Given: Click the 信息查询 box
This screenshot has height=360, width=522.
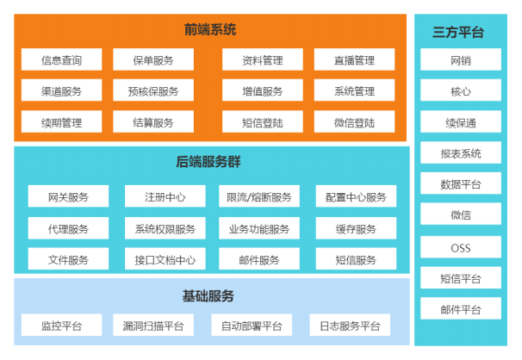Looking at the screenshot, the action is click(61, 59).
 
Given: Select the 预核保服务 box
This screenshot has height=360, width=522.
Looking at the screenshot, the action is click(153, 90).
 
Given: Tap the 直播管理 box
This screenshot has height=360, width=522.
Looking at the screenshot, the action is click(354, 59).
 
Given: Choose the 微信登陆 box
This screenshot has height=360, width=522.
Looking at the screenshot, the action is click(354, 121).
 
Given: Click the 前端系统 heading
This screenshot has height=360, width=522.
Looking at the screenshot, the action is click(210, 29).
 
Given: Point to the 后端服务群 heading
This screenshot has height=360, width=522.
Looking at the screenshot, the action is click(208, 162).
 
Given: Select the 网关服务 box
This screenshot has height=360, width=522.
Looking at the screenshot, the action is click(68, 196).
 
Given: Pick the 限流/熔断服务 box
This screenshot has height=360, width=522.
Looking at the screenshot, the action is click(259, 196).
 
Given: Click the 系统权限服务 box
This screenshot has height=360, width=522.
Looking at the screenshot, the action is click(165, 228).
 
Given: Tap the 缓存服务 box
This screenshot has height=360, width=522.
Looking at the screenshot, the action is click(356, 228).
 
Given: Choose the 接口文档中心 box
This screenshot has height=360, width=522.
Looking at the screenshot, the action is click(165, 259).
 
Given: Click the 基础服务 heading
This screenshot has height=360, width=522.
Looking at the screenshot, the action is click(208, 296).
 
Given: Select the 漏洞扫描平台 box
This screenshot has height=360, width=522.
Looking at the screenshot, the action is click(153, 325).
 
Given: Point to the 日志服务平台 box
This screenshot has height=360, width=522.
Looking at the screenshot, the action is click(350, 325).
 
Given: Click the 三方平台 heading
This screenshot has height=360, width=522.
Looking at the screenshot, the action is click(458, 32).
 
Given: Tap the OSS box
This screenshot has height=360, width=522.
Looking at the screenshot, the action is click(461, 247).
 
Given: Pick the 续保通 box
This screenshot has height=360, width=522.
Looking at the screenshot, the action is click(461, 121).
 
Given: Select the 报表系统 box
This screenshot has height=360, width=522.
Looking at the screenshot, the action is click(461, 152).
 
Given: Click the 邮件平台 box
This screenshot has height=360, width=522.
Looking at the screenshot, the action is click(461, 309).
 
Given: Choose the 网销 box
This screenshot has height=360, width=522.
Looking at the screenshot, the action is click(461, 59).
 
